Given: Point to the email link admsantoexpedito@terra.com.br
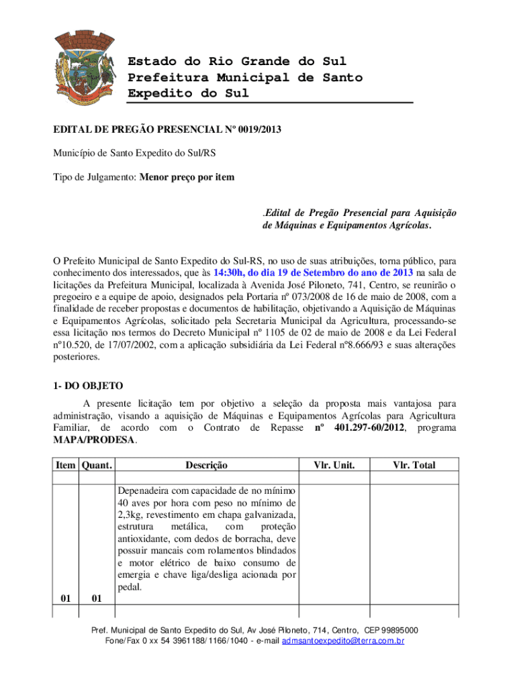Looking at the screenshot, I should pos(343,641).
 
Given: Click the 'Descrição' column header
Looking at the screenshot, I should pos(206,465).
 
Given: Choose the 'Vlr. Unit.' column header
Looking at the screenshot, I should pos(334,465).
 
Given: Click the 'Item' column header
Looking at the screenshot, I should pos(66,465).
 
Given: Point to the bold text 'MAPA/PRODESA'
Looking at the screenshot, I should pos(94,440).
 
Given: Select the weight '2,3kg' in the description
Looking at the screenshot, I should pos(131,515).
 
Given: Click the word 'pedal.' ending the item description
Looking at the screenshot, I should pos(130,587).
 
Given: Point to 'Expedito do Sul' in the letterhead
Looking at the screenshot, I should pos(188,93).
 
